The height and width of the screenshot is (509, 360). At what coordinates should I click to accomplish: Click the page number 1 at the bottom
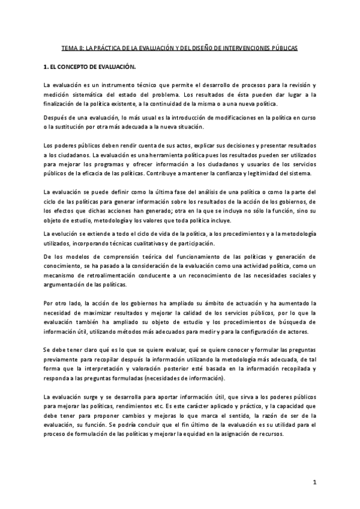[x=314, y=482]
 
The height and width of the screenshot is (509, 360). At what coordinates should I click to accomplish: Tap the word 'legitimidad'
[x=257, y=173]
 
